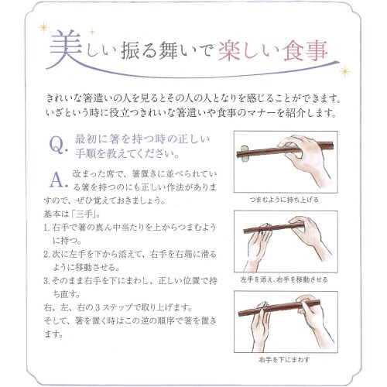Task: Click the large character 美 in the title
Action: [x=65, y=53]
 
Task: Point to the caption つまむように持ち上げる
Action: [x=289, y=199]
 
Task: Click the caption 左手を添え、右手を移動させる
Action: [x=289, y=278]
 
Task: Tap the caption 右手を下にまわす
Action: [x=289, y=360]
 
